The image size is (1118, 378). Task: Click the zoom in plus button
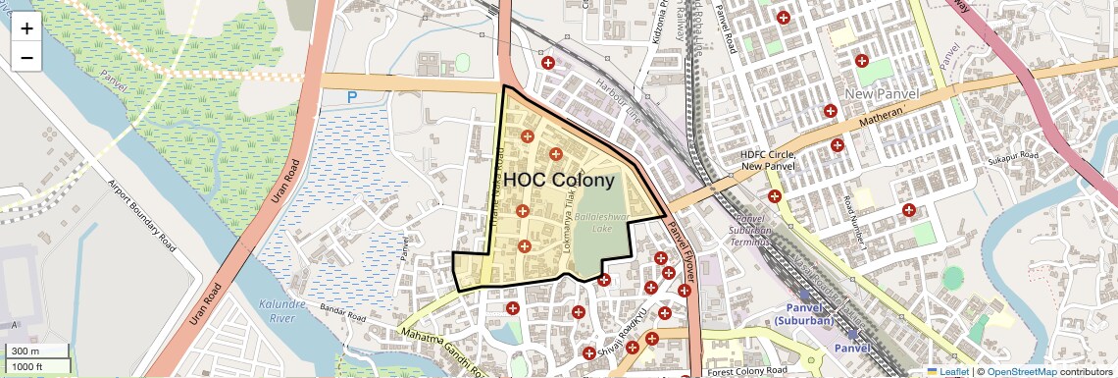26,28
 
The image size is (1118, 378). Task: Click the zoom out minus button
26,57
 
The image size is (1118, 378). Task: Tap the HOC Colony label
559,181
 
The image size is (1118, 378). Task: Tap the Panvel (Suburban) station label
803,315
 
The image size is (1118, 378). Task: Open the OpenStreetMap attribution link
1021,371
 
